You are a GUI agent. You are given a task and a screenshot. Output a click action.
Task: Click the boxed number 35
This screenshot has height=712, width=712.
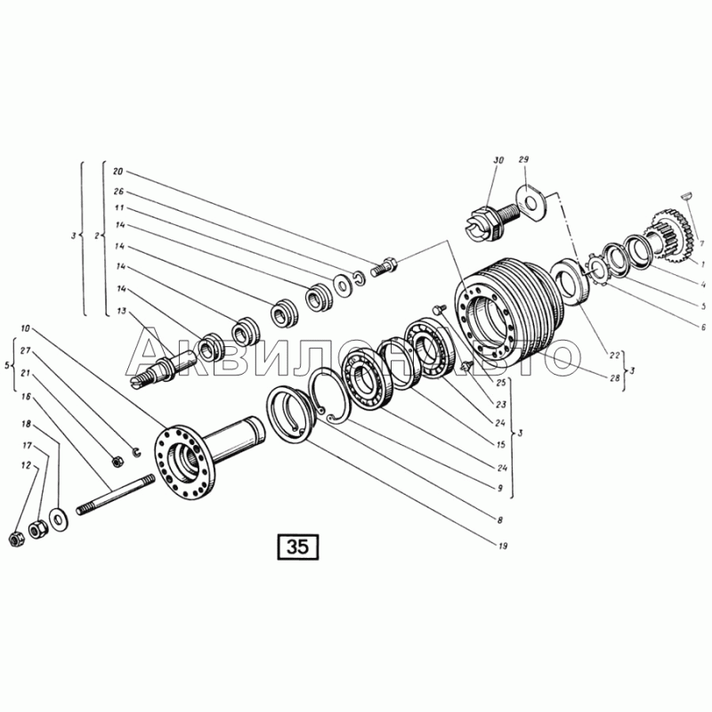click(x=297, y=546)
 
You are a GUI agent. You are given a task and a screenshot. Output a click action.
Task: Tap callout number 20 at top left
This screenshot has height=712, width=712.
click(x=117, y=172)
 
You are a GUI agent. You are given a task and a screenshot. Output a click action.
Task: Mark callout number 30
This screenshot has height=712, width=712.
click(x=498, y=160)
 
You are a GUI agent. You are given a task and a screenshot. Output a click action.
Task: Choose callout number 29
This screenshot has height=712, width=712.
click(x=524, y=160)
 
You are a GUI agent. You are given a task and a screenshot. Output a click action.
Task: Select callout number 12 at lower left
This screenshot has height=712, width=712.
click(x=26, y=465)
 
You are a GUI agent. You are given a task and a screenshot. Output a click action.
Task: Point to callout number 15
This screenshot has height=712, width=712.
click(x=501, y=444)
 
